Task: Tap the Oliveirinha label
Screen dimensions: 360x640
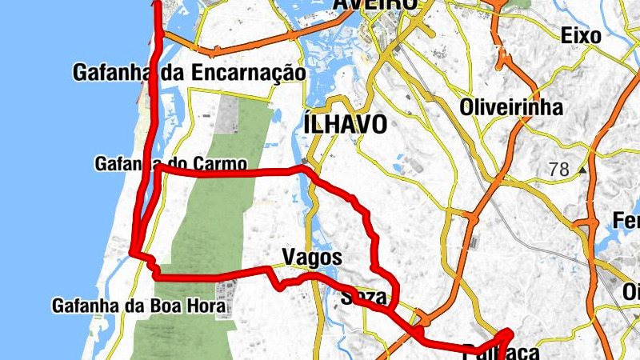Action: click(511, 107)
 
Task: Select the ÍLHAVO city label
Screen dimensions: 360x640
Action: click(346, 124)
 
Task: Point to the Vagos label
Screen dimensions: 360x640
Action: click(312, 258)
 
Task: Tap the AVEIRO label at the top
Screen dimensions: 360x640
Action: click(375, 5)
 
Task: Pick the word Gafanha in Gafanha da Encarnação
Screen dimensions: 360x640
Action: click(114, 73)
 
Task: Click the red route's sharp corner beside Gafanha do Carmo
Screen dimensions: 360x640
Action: click(158, 170)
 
